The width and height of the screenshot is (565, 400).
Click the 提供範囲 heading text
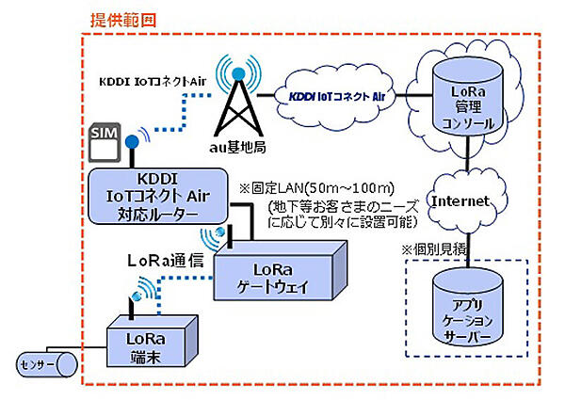[x=123, y=19]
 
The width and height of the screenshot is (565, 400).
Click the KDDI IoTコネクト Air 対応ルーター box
[x=155, y=197]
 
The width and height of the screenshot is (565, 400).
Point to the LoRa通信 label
[x=167, y=257]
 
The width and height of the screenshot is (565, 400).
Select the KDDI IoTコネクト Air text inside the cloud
[x=337, y=96]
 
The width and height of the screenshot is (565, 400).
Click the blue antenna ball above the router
[x=134, y=143]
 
